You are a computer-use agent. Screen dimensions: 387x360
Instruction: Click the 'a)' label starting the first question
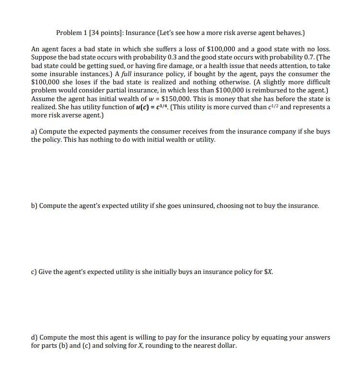(34, 131)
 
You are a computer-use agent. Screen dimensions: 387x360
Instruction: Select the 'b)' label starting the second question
(34, 205)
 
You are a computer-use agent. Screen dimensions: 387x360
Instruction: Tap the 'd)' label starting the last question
(34, 337)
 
